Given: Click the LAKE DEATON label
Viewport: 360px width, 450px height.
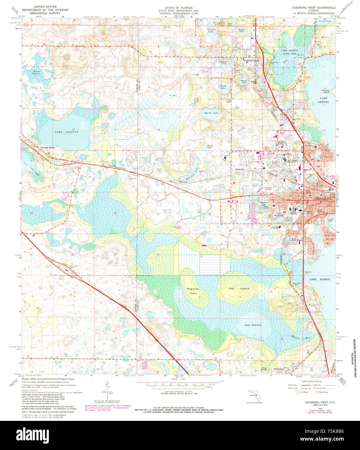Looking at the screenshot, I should (66, 132).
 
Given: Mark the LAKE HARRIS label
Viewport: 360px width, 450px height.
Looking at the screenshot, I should (319, 279).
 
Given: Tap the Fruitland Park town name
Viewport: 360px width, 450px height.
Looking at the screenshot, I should (251, 61).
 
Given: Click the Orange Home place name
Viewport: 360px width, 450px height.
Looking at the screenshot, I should (48, 148).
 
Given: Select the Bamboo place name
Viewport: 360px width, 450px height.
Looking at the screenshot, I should (112, 167).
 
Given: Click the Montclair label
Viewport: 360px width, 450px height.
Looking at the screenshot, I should (240, 170).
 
